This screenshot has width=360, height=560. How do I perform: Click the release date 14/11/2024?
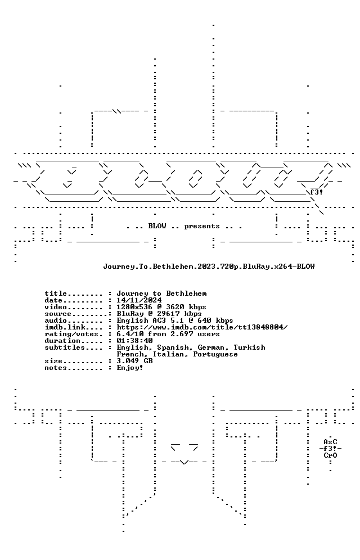click(139, 300)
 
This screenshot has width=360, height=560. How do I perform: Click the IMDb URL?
click(202, 327)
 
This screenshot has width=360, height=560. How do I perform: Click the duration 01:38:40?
click(134, 341)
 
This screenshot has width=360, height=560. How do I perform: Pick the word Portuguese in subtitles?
click(215, 355)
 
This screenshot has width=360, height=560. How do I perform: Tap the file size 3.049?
click(128, 362)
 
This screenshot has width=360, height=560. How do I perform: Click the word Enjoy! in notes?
click(130, 368)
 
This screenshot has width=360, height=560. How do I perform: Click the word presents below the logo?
click(202, 227)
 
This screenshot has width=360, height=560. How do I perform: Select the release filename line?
click(209, 267)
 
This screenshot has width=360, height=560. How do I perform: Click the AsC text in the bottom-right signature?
click(330, 442)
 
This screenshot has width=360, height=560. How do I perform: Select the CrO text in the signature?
click(330, 456)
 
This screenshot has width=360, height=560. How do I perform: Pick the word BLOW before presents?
click(157, 227)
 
